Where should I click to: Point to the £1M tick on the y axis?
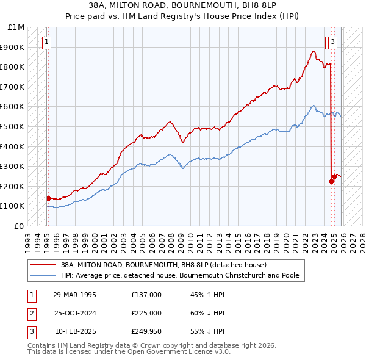tap(16, 27)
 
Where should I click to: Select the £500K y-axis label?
tap(13, 126)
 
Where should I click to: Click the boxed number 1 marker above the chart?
tap(47, 41)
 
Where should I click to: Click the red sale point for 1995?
tap(48, 198)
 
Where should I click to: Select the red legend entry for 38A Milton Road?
tap(163, 265)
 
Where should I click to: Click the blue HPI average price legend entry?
tap(179, 276)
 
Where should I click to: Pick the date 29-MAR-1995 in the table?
tap(74, 295)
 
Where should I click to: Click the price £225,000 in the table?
tap(146, 313)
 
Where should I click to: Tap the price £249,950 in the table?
tap(146, 331)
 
